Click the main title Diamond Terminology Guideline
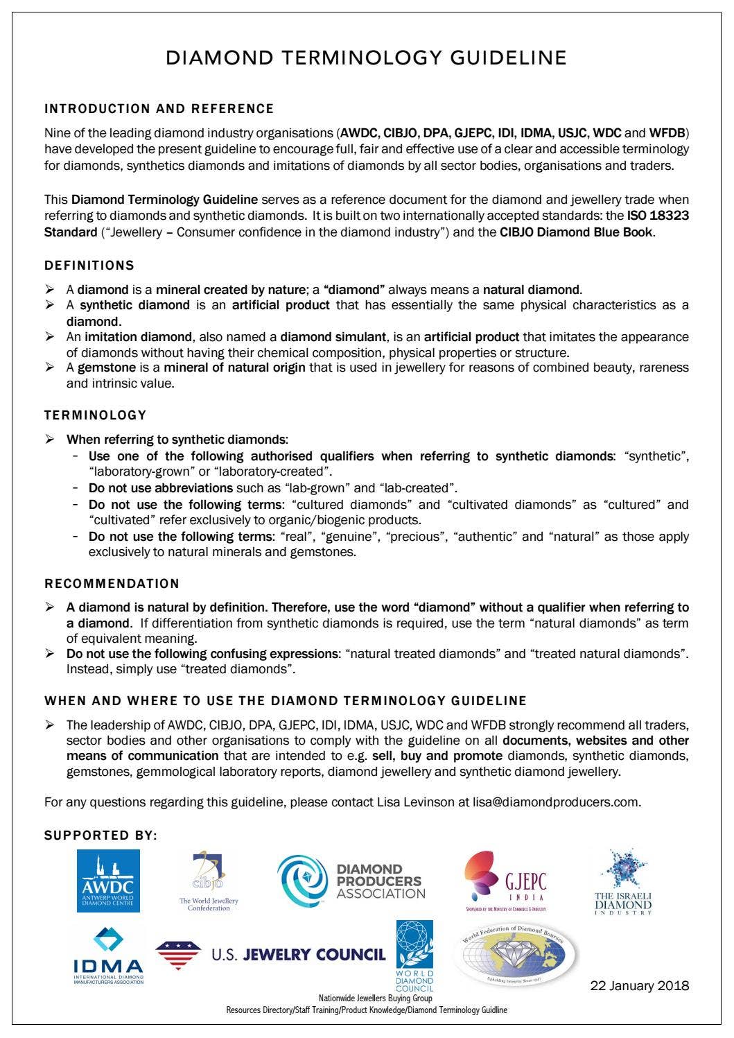point(366,58)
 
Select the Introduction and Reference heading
point(159,109)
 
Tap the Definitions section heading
point(89,266)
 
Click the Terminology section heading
point(96,415)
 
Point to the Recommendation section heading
point(112,584)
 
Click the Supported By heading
point(101,836)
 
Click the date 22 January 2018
point(639,986)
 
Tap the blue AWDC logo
point(107,881)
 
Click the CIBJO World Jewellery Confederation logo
point(209,881)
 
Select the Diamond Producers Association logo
point(351,881)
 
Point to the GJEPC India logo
point(506,881)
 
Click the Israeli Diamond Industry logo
point(623,881)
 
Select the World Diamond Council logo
point(414,955)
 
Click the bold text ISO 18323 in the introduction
point(658,216)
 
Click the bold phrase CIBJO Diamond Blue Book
point(576,232)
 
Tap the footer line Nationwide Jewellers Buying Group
point(375,998)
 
